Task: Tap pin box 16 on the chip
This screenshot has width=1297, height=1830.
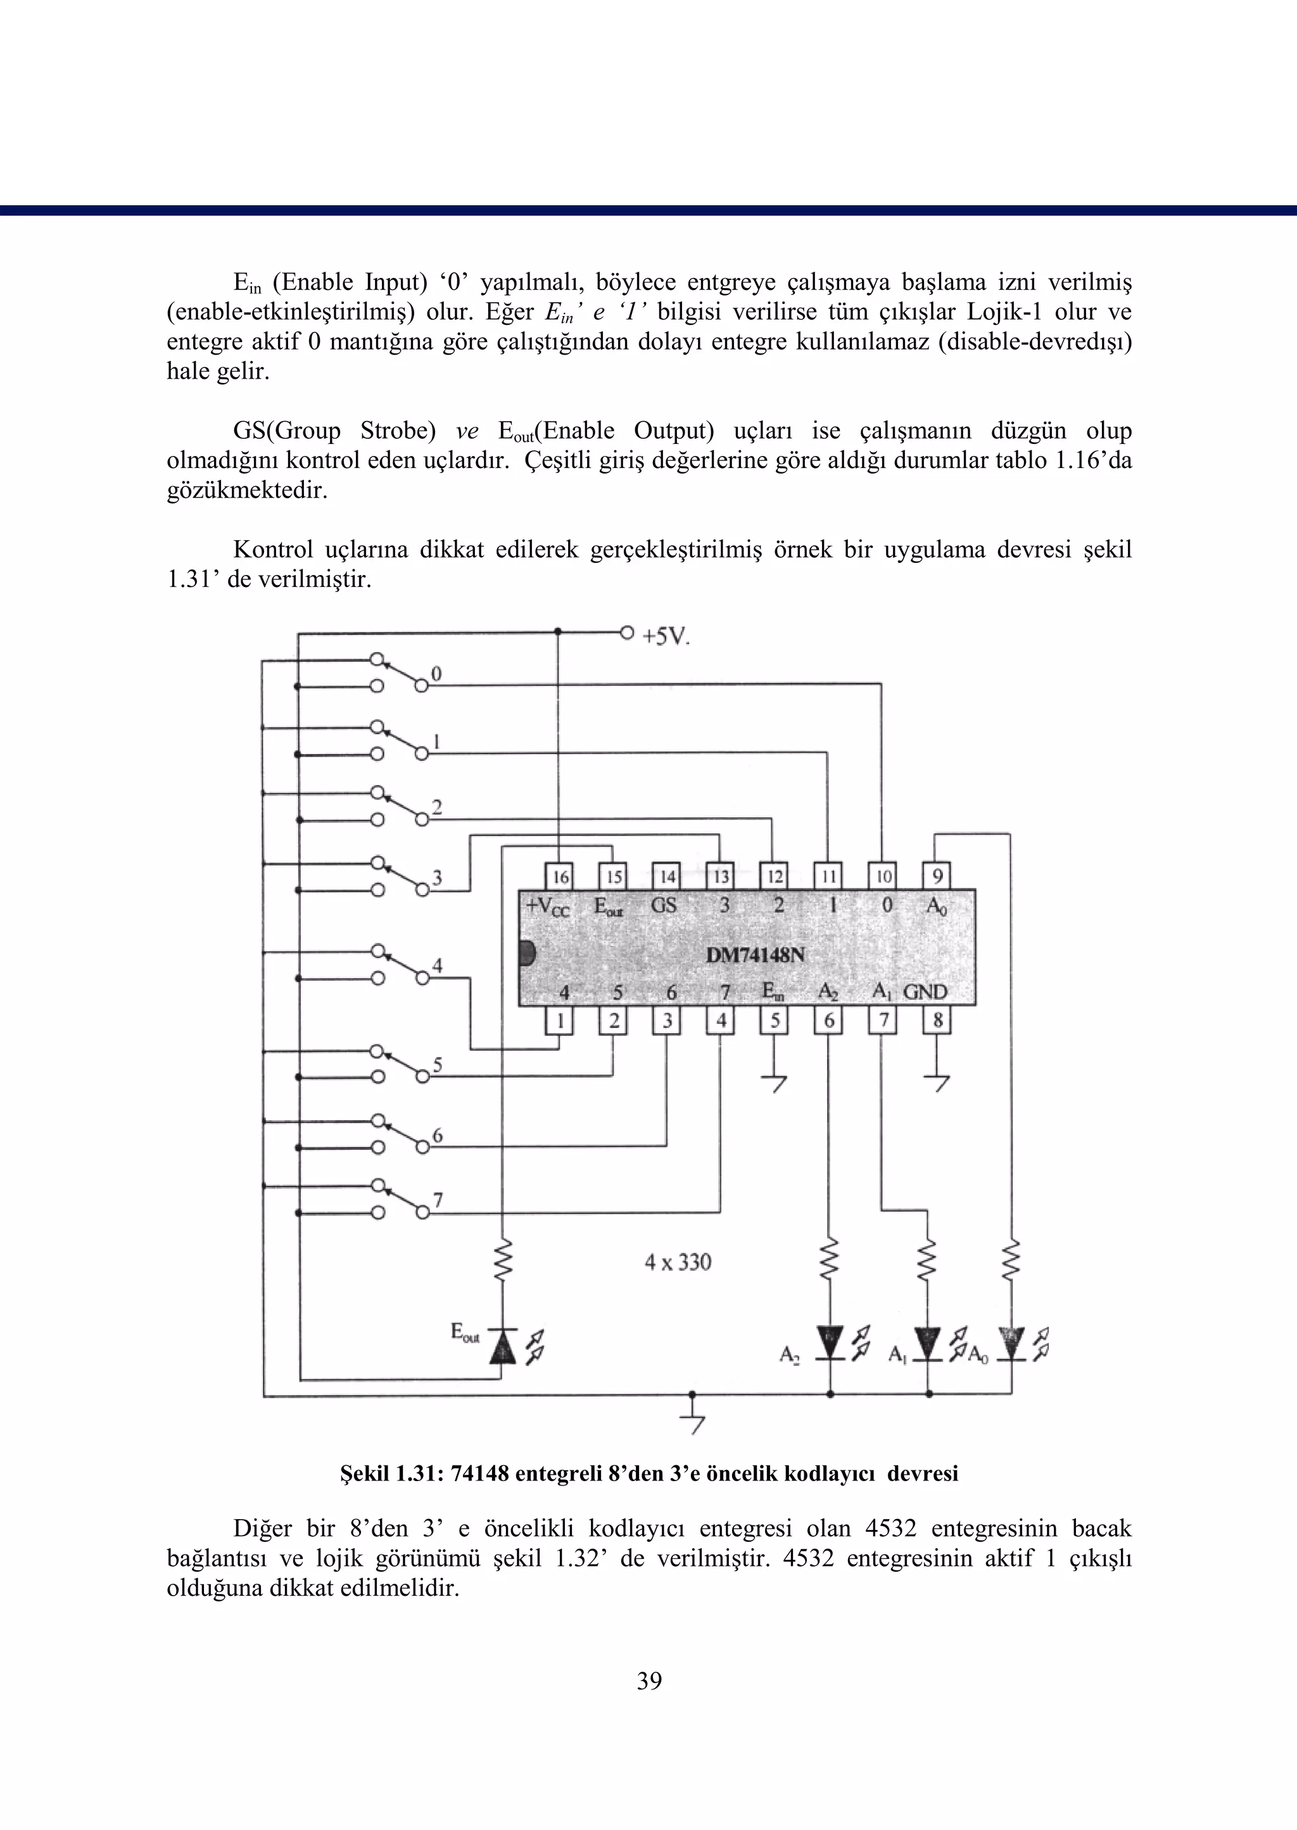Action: tap(560, 876)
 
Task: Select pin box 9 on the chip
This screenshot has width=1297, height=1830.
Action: tap(937, 876)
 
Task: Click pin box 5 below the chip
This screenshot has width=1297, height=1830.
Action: tap(774, 1020)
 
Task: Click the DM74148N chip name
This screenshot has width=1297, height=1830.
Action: tap(755, 954)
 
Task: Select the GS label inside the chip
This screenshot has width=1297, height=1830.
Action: tap(664, 906)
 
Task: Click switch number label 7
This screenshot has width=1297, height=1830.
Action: tap(438, 1200)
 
